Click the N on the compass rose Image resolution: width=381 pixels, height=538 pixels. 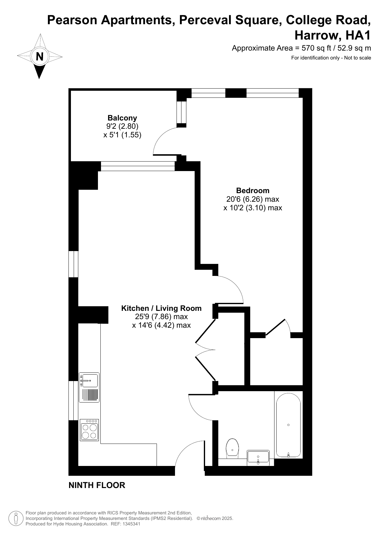coord(40,57)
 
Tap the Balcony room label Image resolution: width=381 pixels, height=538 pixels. coord(122,118)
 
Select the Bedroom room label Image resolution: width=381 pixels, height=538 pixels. coord(253,190)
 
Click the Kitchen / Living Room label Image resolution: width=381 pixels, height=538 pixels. coord(161,308)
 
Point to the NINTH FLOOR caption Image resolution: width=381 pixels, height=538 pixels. coord(97,485)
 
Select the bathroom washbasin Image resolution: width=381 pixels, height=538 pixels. coord(258,458)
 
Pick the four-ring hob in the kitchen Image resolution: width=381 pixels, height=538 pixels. coord(89,430)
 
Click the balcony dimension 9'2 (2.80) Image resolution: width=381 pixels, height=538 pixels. coord(122,126)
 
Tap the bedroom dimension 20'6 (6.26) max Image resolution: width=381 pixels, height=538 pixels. coord(253,199)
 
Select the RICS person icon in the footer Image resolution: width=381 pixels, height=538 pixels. coord(16,518)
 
